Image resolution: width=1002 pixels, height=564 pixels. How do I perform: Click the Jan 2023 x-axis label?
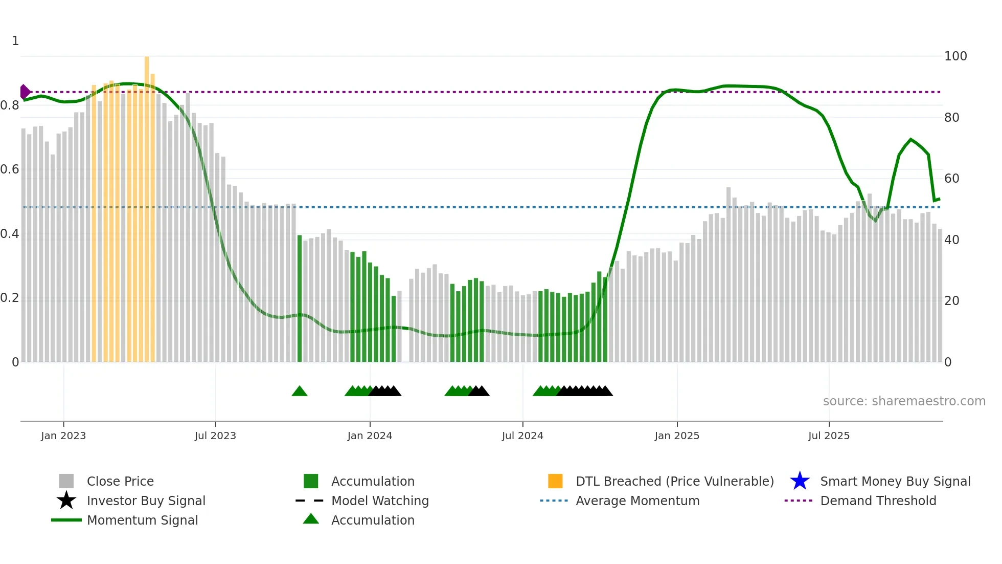(x=63, y=436)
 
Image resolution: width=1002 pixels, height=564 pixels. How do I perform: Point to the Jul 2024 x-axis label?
(x=522, y=436)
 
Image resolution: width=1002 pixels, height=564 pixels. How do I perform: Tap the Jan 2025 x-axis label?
(x=677, y=436)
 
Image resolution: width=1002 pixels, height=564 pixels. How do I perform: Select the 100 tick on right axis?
(x=955, y=56)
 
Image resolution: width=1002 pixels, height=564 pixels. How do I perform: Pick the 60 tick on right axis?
(x=952, y=179)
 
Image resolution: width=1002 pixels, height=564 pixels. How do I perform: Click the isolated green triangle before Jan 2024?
(x=300, y=392)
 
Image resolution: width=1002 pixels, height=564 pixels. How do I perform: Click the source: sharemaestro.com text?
(x=904, y=401)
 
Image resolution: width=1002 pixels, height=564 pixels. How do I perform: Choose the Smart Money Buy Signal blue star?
(x=800, y=481)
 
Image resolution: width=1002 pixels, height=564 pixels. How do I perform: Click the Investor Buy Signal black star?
(x=66, y=501)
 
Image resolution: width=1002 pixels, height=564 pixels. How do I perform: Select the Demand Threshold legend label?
(x=878, y=501)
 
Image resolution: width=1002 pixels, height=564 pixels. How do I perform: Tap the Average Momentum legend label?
(x=637, y=501)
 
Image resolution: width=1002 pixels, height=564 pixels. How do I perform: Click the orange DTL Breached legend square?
(x=555, y=481)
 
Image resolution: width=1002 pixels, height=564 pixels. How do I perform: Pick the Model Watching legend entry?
(x=380, y=501)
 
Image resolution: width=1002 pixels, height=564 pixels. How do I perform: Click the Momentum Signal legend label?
(x=142, y=520)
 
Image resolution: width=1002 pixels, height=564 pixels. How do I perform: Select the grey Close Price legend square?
(x=66, y=481)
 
